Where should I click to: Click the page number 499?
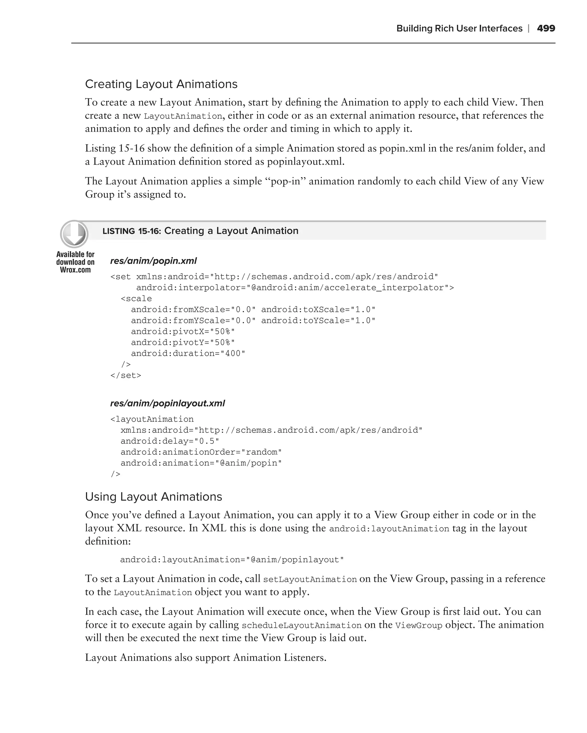[x=545, y=28]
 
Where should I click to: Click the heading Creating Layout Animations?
[x=161, y=84]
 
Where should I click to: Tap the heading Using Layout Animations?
[x=153, y=497]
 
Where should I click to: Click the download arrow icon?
[x=74, y=234]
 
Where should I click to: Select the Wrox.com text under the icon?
[x=75, y=270]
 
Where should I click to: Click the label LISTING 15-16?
[x=131, y=231]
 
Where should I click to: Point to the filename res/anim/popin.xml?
[x=153, y=261]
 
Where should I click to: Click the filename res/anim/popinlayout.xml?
[x=167, y=403]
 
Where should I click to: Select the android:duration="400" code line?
[x=188, y=353]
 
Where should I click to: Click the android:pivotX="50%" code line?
[x=183, y=332]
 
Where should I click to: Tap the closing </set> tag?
[x=126, y=375]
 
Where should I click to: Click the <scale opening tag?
[x=136, y=299]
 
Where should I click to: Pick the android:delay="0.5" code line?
[x=170, y=441]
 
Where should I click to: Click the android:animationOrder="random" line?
[x=201, y=452]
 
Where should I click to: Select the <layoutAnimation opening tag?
[x=152, y=419]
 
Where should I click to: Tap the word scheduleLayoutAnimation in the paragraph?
[x=302, y=626]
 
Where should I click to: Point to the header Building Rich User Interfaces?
[x=459, y=28]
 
